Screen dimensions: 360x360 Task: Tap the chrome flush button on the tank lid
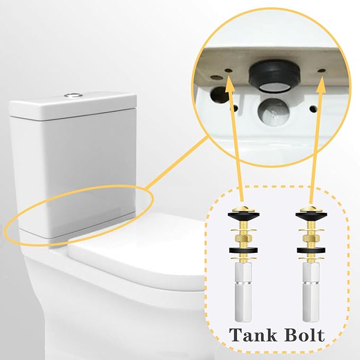click(73, 95)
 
